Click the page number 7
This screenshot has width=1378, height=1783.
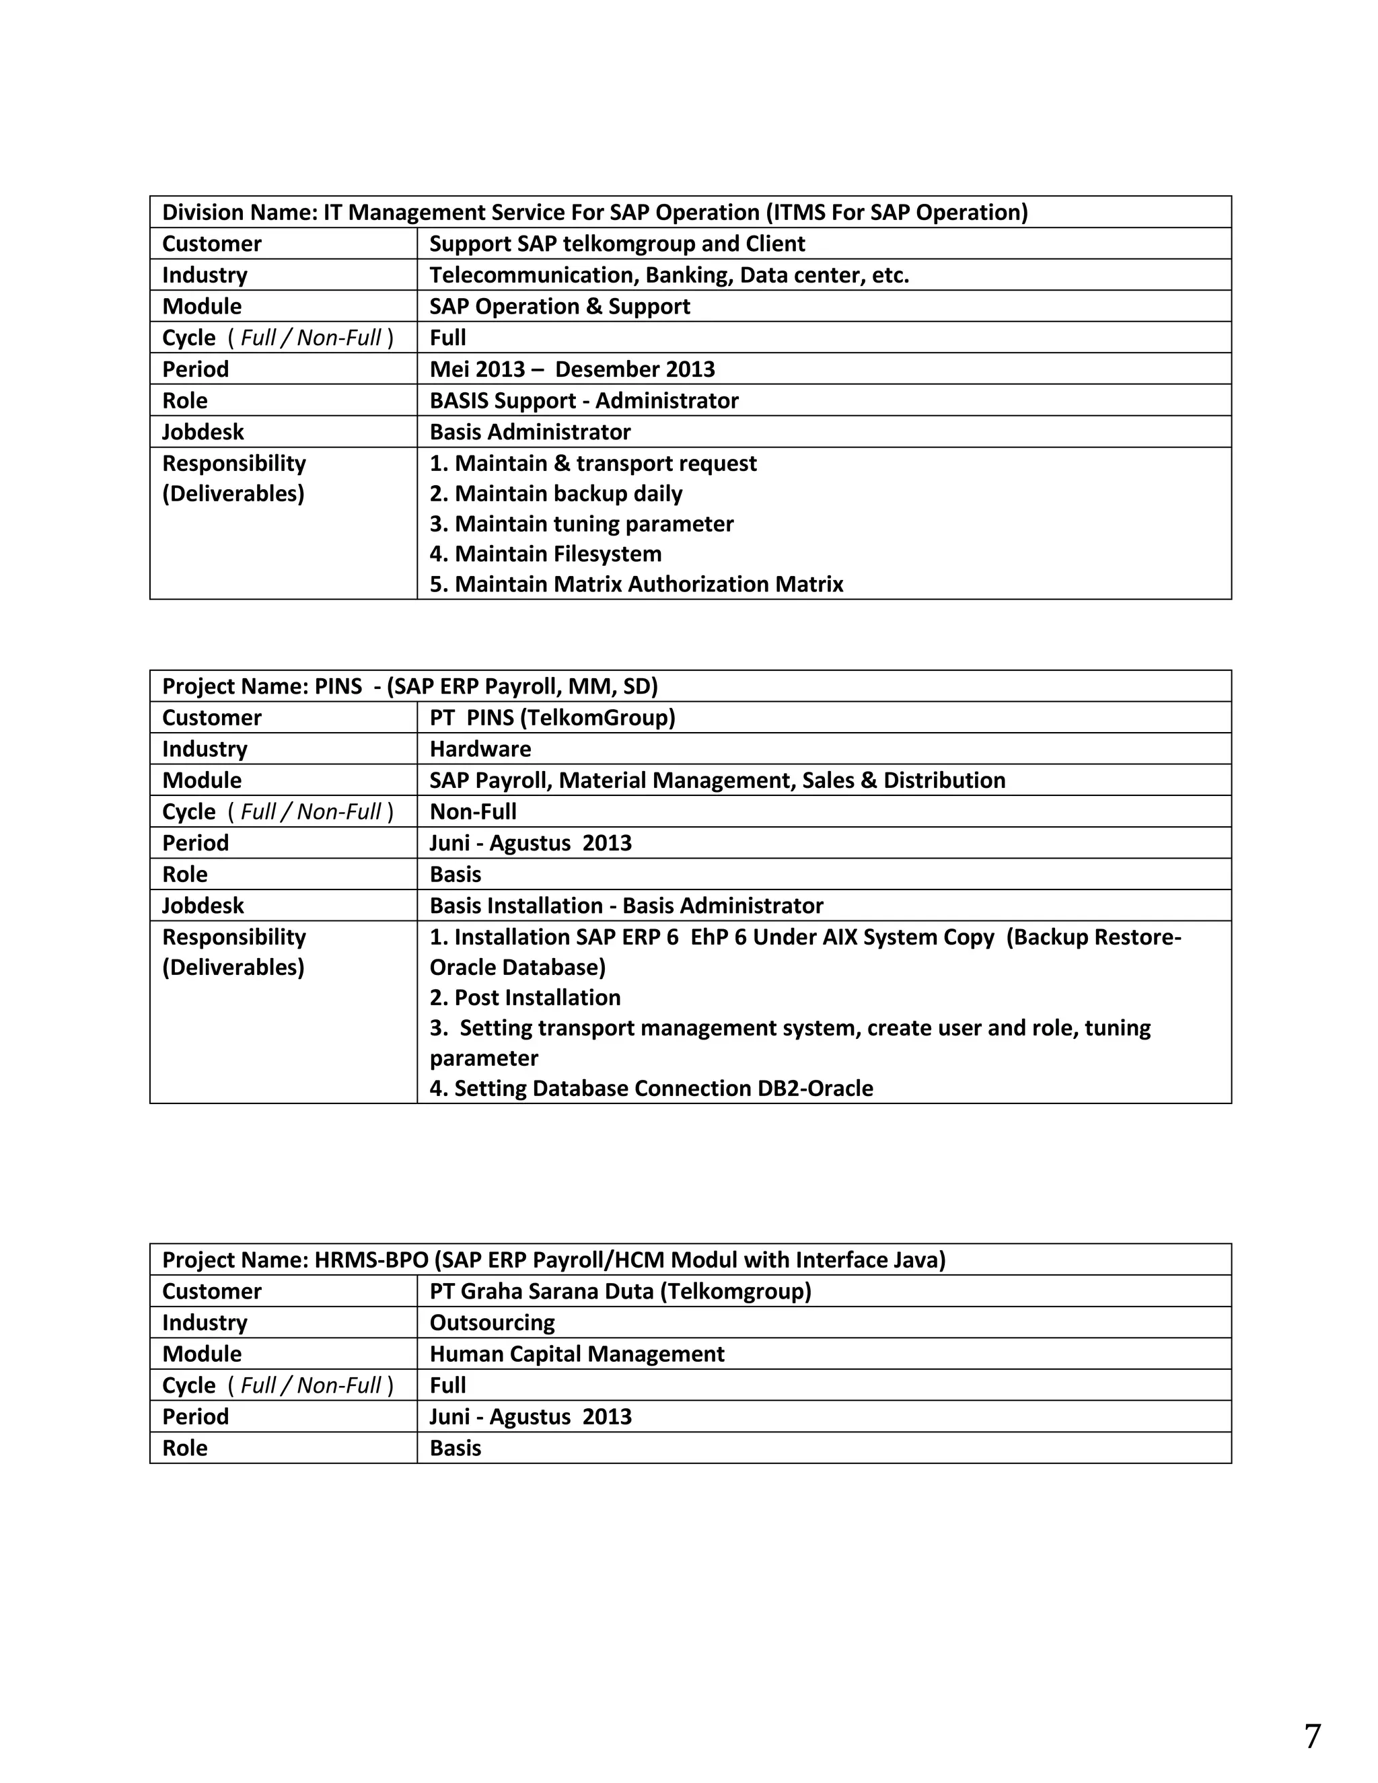coord(1312,1737)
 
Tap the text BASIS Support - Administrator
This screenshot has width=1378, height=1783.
coord(583,401)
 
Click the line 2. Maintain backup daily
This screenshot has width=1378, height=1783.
coord(556,494)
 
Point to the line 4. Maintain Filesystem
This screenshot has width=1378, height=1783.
coord(545,554)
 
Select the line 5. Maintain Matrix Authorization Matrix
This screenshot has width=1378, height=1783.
coord(636,585)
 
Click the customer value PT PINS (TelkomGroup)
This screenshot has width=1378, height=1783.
coord(552,718)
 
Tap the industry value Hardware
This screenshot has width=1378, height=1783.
coord(480,750)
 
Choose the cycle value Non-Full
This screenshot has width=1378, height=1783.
coord(472,812)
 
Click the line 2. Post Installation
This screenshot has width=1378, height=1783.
coord(525,998)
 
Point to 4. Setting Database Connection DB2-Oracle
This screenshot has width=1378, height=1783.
coord(651,1088)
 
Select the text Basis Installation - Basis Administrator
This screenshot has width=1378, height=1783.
coord(626,906)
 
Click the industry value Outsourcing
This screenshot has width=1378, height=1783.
coord(491,1323)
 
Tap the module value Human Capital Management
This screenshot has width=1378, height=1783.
coord(577,1354)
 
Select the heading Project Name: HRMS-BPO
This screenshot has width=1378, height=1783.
coord(554,1260)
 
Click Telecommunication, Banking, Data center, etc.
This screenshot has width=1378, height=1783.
coord(669,275)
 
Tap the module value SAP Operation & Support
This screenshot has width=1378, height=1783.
coord(559,307)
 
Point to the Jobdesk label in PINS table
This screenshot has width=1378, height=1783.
coord(203,906)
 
